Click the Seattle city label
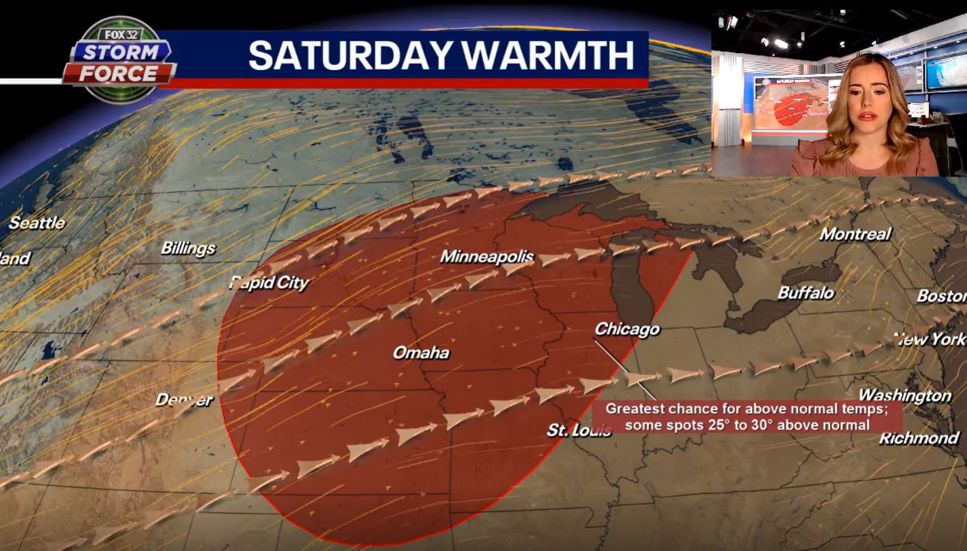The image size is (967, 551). click(36, 223)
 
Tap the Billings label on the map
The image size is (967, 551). click(188, 248)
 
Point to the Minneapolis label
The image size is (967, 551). click(486, 257)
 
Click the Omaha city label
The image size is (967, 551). click(421, 353)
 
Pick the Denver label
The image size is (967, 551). click(183, 400)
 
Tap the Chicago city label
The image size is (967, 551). click(627, 329)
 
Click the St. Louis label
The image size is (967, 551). click(579, 430)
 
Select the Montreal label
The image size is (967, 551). click(855, 234)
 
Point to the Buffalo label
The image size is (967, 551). click(805, 293)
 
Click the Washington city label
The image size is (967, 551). click(904, 395)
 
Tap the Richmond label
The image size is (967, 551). click(918, 438)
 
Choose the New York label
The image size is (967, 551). click(931, 339)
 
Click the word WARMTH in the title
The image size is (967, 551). click(547, 56)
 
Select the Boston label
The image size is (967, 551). click(941, 296)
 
